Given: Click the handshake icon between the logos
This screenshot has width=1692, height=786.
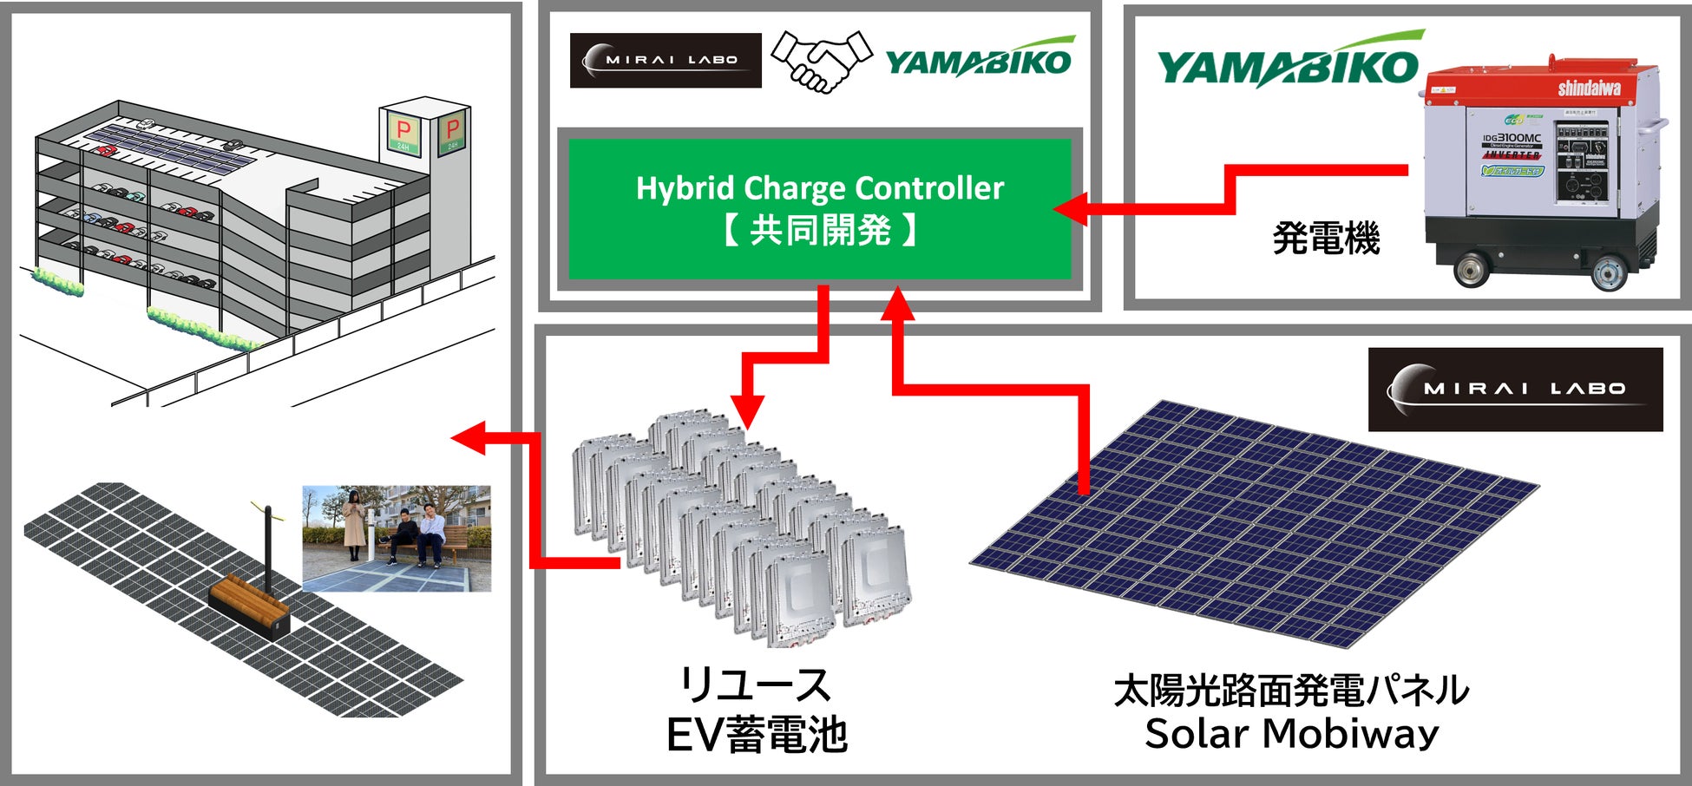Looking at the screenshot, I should [x=820, y=61].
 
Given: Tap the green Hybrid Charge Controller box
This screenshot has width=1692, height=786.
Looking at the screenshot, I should [x=820, y=209].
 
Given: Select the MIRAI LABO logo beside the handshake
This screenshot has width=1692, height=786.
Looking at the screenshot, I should [x=666, y=61].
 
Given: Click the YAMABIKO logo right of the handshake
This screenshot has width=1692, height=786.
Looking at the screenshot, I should [x=979, y=59].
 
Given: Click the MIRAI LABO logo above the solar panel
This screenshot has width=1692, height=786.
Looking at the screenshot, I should [x=1515, y=390].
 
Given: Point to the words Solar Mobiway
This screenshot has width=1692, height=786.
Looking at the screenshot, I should [x=1291, y=734].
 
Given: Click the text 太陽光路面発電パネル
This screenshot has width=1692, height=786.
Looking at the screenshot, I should [x=1291, y=690].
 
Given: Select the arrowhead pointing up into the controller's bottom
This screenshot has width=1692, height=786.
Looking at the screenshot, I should [x=898, y=304].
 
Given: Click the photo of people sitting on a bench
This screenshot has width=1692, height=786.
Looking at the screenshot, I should [x=397, y=538].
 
